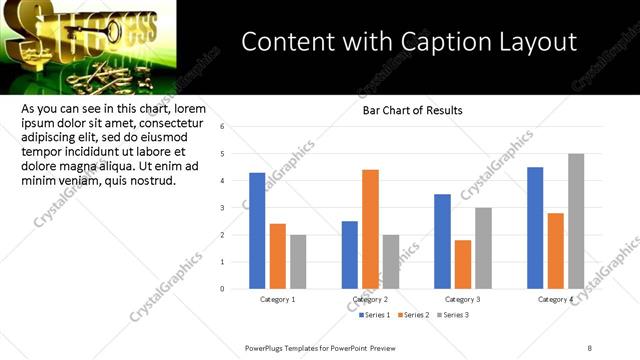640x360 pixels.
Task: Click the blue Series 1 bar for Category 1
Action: point(257,230)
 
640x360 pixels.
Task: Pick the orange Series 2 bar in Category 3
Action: point(462,264)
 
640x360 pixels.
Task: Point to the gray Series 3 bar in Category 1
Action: point(299,261)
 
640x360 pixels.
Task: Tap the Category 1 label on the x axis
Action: point(277,299)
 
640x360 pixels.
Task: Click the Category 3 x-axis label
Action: point(463,299)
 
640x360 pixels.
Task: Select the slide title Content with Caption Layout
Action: point(409,42)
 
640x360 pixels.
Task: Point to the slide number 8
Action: point(590,347)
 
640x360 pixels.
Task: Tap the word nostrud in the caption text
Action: point(151,181)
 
